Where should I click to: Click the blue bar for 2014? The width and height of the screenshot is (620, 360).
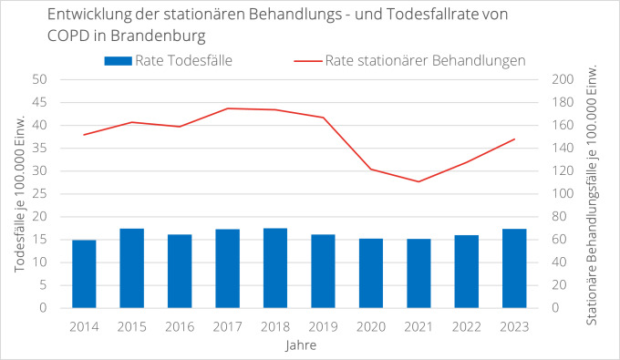coord(84,274)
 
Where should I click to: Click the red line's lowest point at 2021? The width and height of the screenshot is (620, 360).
coord(418,181)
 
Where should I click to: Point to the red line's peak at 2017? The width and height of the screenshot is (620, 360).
coord(228,108)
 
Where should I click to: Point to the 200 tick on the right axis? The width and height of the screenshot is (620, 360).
coord(564,79)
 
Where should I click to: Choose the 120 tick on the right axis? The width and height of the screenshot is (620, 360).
coord(564,171)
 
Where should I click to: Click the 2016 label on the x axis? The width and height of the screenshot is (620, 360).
coord(180,327)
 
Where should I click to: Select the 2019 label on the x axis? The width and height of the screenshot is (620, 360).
coord(323,327)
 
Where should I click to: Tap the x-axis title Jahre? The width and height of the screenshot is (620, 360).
coord(299,346)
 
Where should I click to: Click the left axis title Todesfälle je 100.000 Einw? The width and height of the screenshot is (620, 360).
coord(18,194)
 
